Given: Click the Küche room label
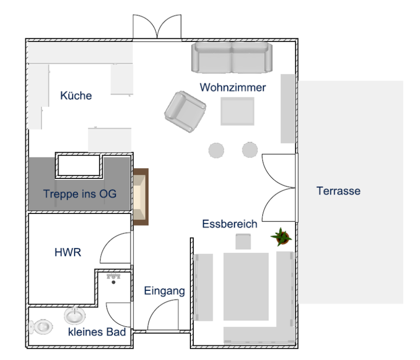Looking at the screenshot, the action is pos(76,95).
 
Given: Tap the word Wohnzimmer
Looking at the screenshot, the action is pos(233,87).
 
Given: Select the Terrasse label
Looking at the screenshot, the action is pos(339,191).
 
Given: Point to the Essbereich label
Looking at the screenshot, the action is pos(230,224).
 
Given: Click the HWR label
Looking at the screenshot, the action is pos(68,252).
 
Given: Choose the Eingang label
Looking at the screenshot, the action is pos(164,291).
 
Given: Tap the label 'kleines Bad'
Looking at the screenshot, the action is pos(97,332).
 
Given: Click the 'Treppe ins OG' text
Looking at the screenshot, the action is pos(80,194).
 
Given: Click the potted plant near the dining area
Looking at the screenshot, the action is pos(281,237).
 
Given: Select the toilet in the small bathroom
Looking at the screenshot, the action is pos(41,327).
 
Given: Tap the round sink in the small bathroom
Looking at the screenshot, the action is pos(75,315).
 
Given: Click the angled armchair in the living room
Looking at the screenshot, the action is pos(185,112).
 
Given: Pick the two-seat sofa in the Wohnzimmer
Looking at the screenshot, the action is pos(231,57).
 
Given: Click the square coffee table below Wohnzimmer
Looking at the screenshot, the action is pos(238,111).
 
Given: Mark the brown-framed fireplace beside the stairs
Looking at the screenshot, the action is pos(141,197).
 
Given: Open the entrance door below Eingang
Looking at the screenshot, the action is pos(163,315).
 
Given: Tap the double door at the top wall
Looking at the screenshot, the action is pos(157,27).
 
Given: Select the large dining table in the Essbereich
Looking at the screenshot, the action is pos(246,287).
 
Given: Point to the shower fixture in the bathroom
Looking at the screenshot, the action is pos(113,278).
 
